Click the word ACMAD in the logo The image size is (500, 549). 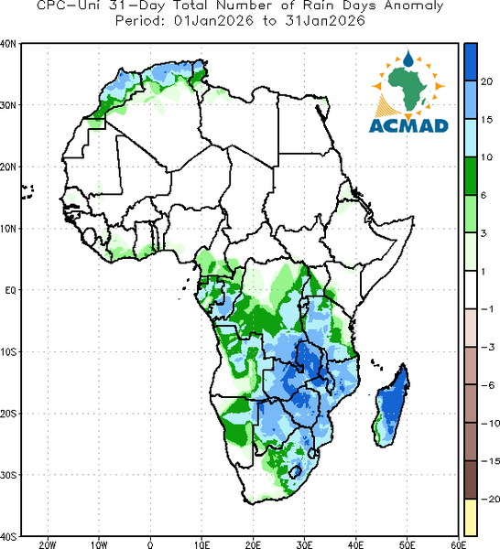coord(408,125)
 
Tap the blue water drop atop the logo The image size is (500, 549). coord(408,59)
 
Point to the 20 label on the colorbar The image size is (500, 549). coord(486,82)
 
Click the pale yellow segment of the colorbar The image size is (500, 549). coord(471,517)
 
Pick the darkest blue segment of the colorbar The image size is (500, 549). coord(471,62)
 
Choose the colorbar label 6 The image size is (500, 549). coord(484,196)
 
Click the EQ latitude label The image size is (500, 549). coord(10,290)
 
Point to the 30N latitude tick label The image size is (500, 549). coord(8,105)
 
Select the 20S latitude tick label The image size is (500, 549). coord(8,414)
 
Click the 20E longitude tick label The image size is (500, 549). coord(253,544)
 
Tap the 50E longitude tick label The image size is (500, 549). coord(407,544)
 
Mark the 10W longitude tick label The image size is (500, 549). coord(99,544)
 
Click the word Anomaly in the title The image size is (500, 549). coord(413,6)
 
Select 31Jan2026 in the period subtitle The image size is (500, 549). coord(325,21)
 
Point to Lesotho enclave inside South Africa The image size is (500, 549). coord(296,471)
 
